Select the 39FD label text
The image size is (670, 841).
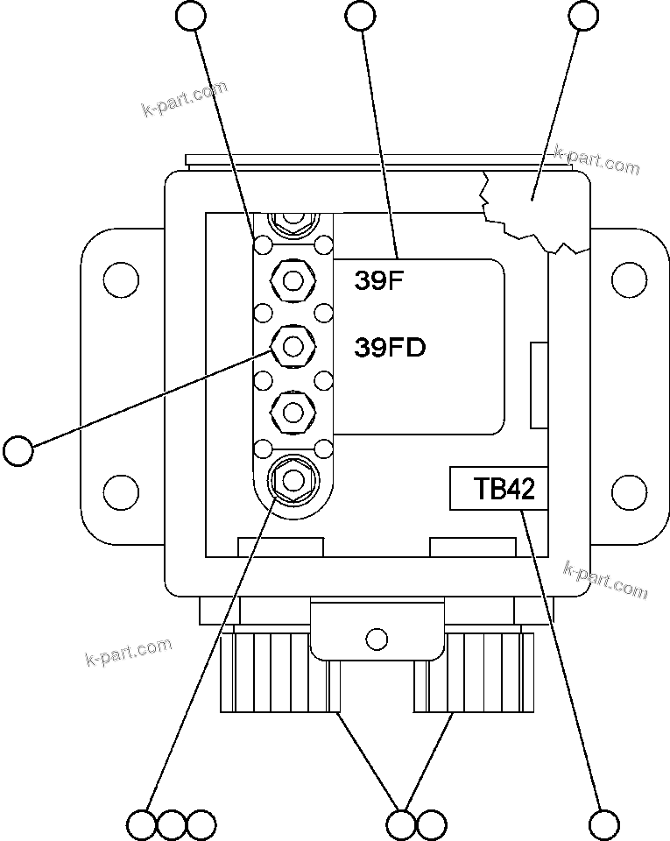(x=390, y=348)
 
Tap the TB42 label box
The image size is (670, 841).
(x=498, y=488)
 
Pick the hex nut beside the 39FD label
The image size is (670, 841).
(x=293, y=347)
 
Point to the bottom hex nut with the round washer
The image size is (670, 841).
(x=293, y=479)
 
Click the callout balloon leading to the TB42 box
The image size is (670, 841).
(x=604, y=824)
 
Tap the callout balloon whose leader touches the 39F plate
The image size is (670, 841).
(x=361, y=15)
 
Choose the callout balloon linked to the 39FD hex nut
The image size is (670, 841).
(x=18, y=451)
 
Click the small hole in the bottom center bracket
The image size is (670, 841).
(x=377, y=637)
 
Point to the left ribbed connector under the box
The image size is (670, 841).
(x=263, y=673)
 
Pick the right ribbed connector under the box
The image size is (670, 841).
(x=477, y=673)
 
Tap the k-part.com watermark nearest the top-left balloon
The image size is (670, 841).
(x=184, y=98)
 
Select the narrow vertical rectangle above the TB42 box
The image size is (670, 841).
(x=540, y=385)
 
